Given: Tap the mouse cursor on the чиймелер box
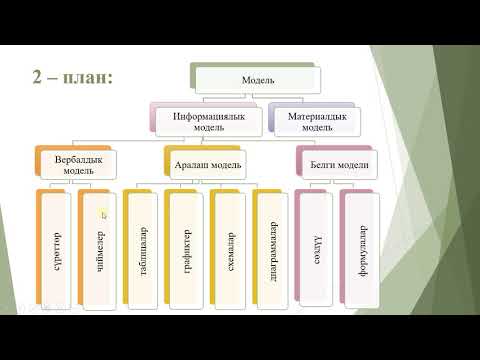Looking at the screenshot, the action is (x=104, y=213).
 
